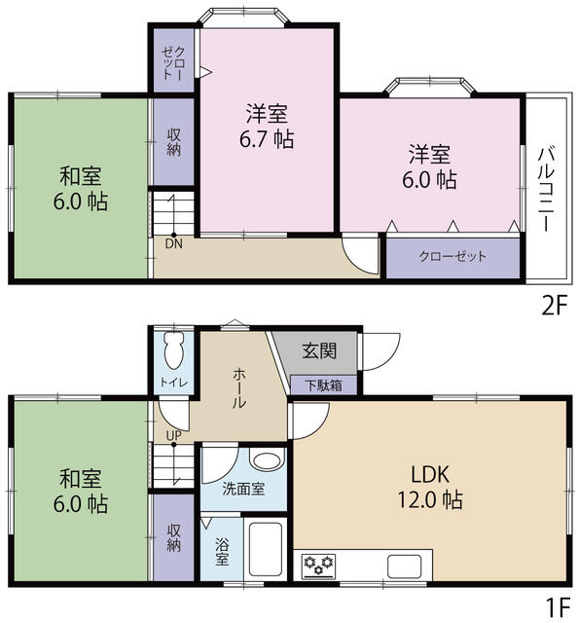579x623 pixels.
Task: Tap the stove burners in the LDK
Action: [x=317, y=564]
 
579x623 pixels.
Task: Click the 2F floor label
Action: [x=554, y=305]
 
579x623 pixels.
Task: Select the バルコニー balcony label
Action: [x=546, y=189]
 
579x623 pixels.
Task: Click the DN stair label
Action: [x=174, y=244]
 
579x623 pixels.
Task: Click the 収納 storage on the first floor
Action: [x=173, y=536]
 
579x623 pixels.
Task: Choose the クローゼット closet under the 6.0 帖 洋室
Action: [x=452, y=257]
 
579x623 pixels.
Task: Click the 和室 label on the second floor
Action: [x=81, y=177]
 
